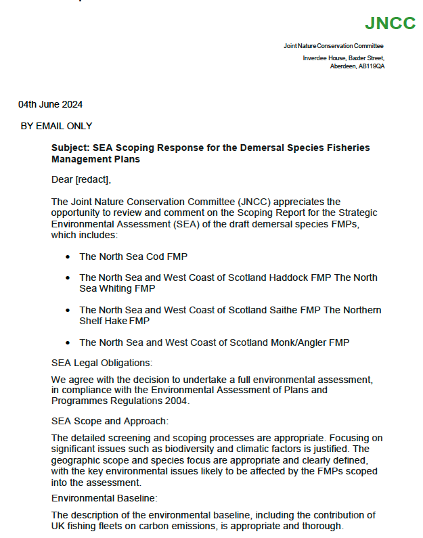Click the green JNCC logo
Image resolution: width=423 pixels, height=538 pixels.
(x=390, y=23)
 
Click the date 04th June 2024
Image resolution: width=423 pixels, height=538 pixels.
(x=51, y=104)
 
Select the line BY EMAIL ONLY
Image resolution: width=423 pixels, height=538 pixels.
(x=56, y=126)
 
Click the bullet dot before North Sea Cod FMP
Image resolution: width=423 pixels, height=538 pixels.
(x=68, y=257)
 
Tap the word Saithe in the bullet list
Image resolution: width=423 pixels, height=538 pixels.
(x=279, y=310)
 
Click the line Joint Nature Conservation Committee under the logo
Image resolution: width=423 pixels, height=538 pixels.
(x=334, y=46)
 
